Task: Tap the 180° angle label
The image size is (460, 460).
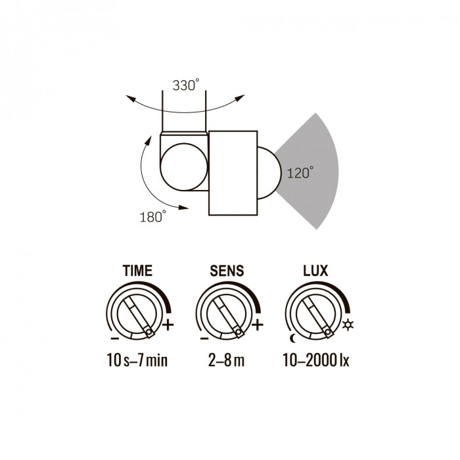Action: point(152,217)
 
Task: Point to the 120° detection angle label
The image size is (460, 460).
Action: point(300,172)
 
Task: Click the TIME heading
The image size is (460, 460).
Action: point(137,271)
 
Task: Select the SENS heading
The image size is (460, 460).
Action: point(227,271)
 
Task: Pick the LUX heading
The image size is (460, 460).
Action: point(315,271)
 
